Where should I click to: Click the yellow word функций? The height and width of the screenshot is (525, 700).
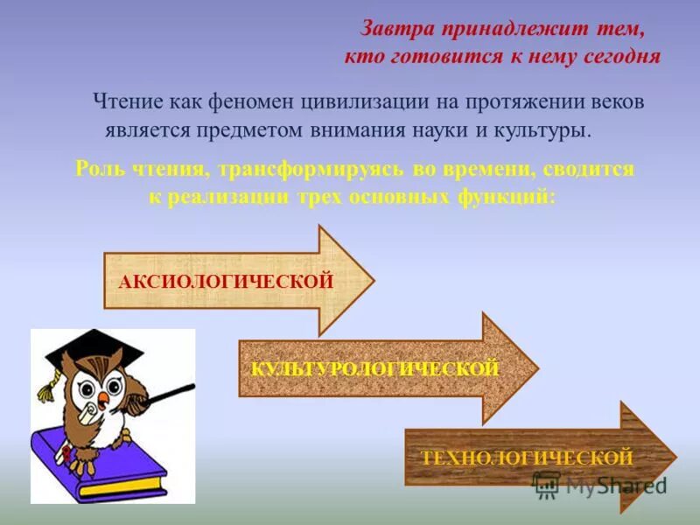click(511, 196)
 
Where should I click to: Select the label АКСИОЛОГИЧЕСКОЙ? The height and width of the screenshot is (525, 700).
click(226, 282)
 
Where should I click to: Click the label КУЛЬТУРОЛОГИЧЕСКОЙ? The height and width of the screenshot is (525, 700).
click(374, 369)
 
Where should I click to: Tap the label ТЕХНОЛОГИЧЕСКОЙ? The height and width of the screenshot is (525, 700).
click(526, 458)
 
